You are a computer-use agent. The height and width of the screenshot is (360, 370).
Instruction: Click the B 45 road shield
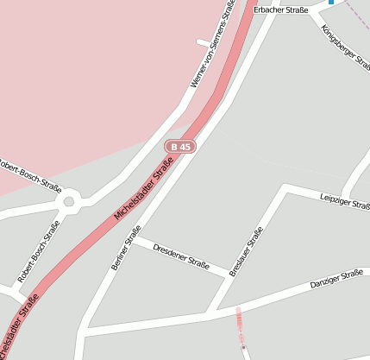[180, 147]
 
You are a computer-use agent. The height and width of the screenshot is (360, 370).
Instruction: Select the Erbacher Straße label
[282, 9]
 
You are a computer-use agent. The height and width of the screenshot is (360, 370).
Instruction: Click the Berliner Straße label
[126, 248]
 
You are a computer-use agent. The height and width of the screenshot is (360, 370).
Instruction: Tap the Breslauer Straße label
[248, 251]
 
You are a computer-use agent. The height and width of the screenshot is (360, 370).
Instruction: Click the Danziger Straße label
[336, 280]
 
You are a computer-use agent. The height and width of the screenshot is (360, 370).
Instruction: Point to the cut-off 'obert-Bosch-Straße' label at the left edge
[29, 175]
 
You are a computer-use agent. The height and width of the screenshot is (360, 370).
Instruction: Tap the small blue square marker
[330, 3]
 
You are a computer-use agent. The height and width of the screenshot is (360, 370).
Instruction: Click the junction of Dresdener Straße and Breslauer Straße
[230, 276]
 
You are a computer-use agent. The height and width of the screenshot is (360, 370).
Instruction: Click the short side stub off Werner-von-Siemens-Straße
[204, 41]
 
